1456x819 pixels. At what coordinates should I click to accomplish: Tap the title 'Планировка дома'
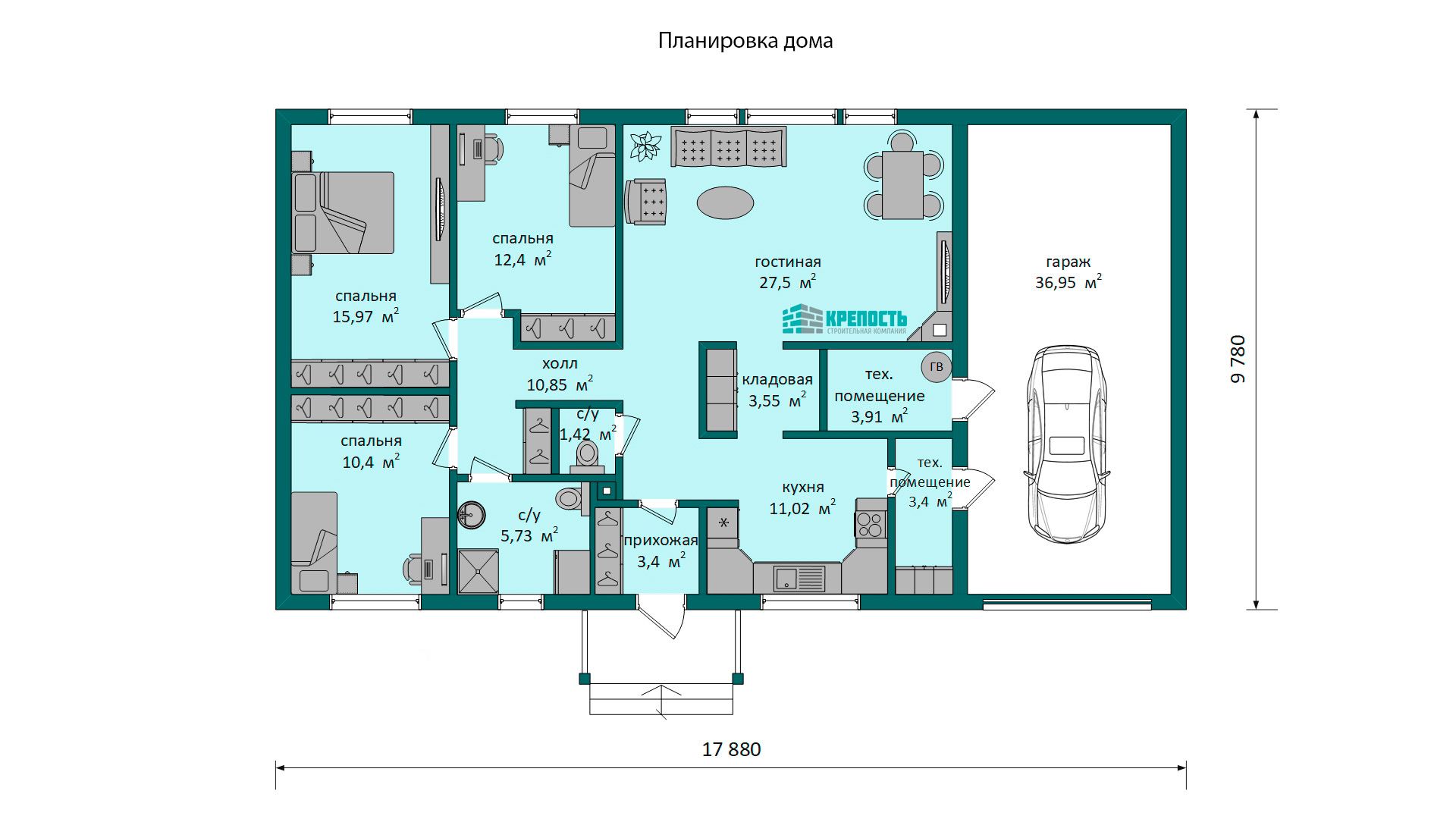click(745, 40)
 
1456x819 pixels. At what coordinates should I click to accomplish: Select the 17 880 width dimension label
click(731, 749)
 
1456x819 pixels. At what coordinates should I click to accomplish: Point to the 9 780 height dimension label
click(1238, 359)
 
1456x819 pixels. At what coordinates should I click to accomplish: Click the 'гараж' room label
click(1068, 262)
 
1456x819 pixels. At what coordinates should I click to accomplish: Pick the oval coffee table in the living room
click(725, 202)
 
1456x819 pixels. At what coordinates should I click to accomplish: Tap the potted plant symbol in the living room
click(645, 146)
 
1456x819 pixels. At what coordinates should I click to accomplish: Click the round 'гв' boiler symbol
click(937, 367)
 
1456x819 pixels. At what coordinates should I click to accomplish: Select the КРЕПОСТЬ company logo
click(845, 319)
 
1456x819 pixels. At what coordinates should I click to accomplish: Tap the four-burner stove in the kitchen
click(871, 524)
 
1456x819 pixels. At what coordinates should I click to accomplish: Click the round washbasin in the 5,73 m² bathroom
click(471, 514)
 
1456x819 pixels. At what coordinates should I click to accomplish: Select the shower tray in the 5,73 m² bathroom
click(479, 572)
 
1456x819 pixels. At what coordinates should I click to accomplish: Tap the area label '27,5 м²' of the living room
click(788, 282)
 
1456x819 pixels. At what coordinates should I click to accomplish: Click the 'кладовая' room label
click(777, 380)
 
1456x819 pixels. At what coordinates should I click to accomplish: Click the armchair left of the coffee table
click(646, 202)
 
